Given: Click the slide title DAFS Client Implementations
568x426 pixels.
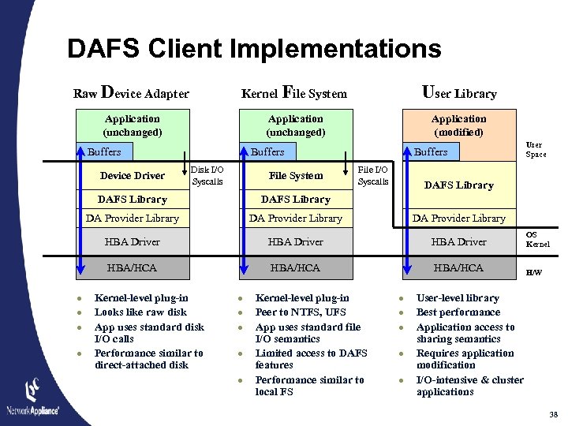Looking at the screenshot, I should [254, 49].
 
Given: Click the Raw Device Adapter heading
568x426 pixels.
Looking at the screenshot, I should [131, 93].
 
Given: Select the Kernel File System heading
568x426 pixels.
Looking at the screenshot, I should [293, 93].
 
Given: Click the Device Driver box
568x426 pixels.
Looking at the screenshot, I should [132, 175].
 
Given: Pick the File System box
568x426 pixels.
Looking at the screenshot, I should [296, 176].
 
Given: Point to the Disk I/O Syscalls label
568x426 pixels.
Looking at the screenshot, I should [207, 175].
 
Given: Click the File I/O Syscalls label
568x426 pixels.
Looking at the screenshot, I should [373, 175].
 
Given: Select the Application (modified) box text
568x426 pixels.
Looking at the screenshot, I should [458, 125].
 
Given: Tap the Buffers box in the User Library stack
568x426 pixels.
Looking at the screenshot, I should [431, 151].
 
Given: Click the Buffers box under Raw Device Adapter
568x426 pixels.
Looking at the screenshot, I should [104, 151].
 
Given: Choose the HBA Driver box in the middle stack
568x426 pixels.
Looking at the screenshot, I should [295, 241].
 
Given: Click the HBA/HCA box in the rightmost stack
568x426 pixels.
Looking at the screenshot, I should [458, 267].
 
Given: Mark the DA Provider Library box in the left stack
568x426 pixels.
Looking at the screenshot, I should [132, 218].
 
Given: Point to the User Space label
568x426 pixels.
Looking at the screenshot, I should [536, 150].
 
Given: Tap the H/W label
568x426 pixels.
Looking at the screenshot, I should [534, 273].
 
